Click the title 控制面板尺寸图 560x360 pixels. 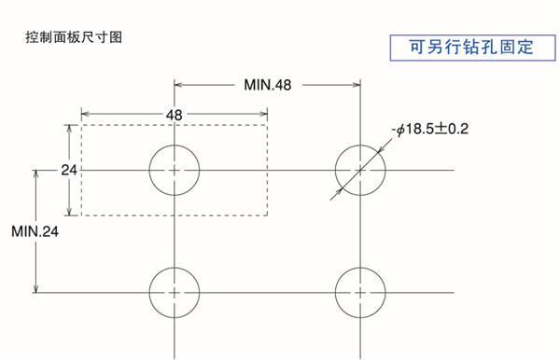[74, 38]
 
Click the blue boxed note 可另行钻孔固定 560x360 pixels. [470, 47]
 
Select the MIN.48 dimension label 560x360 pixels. [268, 85]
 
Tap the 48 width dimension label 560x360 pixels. [175, 114]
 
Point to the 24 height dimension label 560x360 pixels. [68, 170]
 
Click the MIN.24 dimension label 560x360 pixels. [35, 230]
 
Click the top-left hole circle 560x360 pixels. [175, 170]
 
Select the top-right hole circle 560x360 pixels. [360, 170]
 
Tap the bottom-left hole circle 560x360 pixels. [175, 291]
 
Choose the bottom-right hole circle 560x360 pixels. [360, 291]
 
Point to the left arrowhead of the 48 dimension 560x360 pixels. [86, 114]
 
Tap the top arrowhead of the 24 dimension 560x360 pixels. [68, 129]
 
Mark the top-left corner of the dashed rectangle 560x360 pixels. [81, 124]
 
